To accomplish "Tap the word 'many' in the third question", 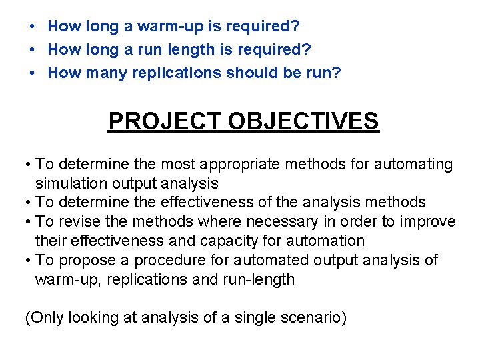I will click(x=105, y=73).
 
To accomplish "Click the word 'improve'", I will click(x=429, y=221).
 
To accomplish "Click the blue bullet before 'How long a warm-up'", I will click(x=32, y=27).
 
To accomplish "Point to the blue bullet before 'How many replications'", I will click(x=32, y=73).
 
